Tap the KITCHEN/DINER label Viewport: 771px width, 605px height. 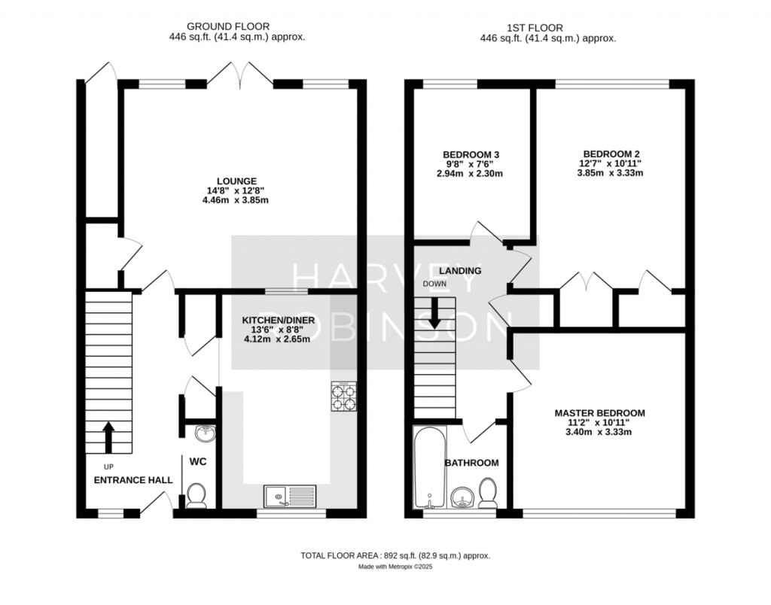(x=278, y=321)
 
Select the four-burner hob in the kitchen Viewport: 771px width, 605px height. (x=343, y=396)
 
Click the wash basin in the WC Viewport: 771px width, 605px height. (x=205, y=433)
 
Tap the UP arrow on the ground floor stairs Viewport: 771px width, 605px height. (x=108, y=437)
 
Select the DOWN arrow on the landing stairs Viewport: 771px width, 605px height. (x=434, y=313)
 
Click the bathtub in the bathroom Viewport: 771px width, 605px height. (x=430, y=467)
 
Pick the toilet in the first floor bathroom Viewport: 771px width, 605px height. (x=488, y=493)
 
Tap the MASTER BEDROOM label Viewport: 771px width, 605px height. (x=599, y=413)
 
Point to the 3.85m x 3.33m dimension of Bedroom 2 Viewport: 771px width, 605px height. (x=610, y=173)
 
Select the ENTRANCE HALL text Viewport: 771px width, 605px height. (x=133, y=480)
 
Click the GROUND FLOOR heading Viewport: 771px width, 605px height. (x=228, y=26)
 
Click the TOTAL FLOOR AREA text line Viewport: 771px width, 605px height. (x=395, y=556)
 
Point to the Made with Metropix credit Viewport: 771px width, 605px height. (x=395, y=567)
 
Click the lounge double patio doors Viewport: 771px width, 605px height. (x=240, y=76)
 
